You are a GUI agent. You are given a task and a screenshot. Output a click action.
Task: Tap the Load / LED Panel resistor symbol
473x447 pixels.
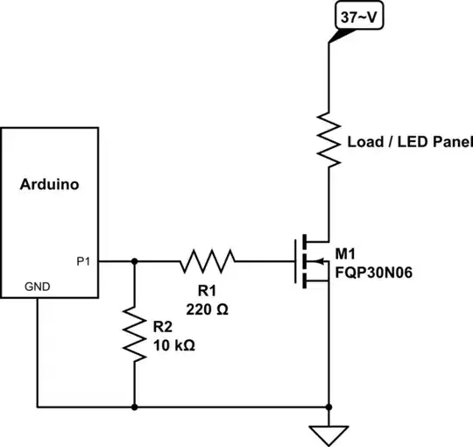[328, 140]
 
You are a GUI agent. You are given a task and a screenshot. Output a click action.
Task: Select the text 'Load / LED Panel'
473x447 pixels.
[410, 142]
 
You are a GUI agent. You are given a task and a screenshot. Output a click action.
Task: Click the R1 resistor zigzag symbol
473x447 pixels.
[208, 260]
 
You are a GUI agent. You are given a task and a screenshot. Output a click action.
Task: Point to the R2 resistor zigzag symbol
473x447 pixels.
[134, 333]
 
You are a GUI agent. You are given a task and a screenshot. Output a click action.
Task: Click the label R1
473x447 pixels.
[208, 290]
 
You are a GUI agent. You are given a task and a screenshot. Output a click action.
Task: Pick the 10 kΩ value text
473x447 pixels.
[173, 344]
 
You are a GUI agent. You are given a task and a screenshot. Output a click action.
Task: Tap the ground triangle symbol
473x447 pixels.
[328, 435]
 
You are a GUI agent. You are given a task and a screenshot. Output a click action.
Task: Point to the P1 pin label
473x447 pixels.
[83, 260]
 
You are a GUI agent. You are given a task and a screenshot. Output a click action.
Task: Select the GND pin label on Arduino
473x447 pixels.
[37, 287]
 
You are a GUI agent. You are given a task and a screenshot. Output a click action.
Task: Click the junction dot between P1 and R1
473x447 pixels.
[134, 260]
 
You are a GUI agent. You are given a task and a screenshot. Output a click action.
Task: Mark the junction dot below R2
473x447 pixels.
[134, 408]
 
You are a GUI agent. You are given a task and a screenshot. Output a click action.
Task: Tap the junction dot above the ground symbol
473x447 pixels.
[328, 408]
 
